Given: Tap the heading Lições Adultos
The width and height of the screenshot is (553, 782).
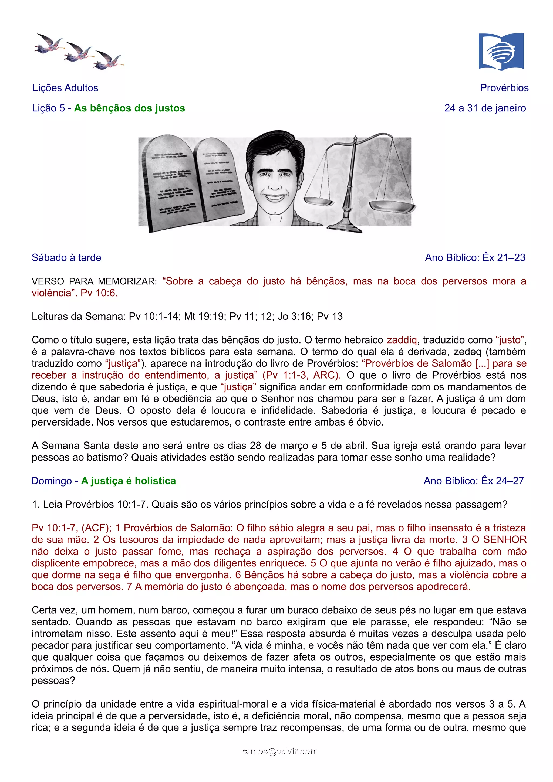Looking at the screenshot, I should pyautogui.click(x=65, y=88).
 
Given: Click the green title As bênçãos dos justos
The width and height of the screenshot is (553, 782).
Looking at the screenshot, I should pyautogui.click(x=130, y=108).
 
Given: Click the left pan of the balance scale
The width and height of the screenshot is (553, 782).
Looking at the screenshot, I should pyautogui.click(x=318, y=202).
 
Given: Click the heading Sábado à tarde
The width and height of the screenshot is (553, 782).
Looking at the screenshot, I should pyautogui.click(x=66, y=257).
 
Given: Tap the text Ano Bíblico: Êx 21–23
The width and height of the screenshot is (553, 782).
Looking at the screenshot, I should pyautogui.click(x=475, y=257).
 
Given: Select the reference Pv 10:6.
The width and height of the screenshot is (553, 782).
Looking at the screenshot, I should pyautogui.click(x=99, y=293).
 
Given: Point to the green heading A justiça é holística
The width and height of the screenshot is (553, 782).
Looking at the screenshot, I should pyautogui.click(x=129, y=481).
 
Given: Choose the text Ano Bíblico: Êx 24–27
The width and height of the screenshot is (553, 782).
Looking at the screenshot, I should pyautogui.click(x=474, y=481).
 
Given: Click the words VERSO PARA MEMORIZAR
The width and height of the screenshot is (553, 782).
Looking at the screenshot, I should pyautogui.click(x=94, y=281).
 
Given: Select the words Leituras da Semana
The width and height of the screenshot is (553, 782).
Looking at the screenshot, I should pyautogui.click(x=79, y=317).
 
